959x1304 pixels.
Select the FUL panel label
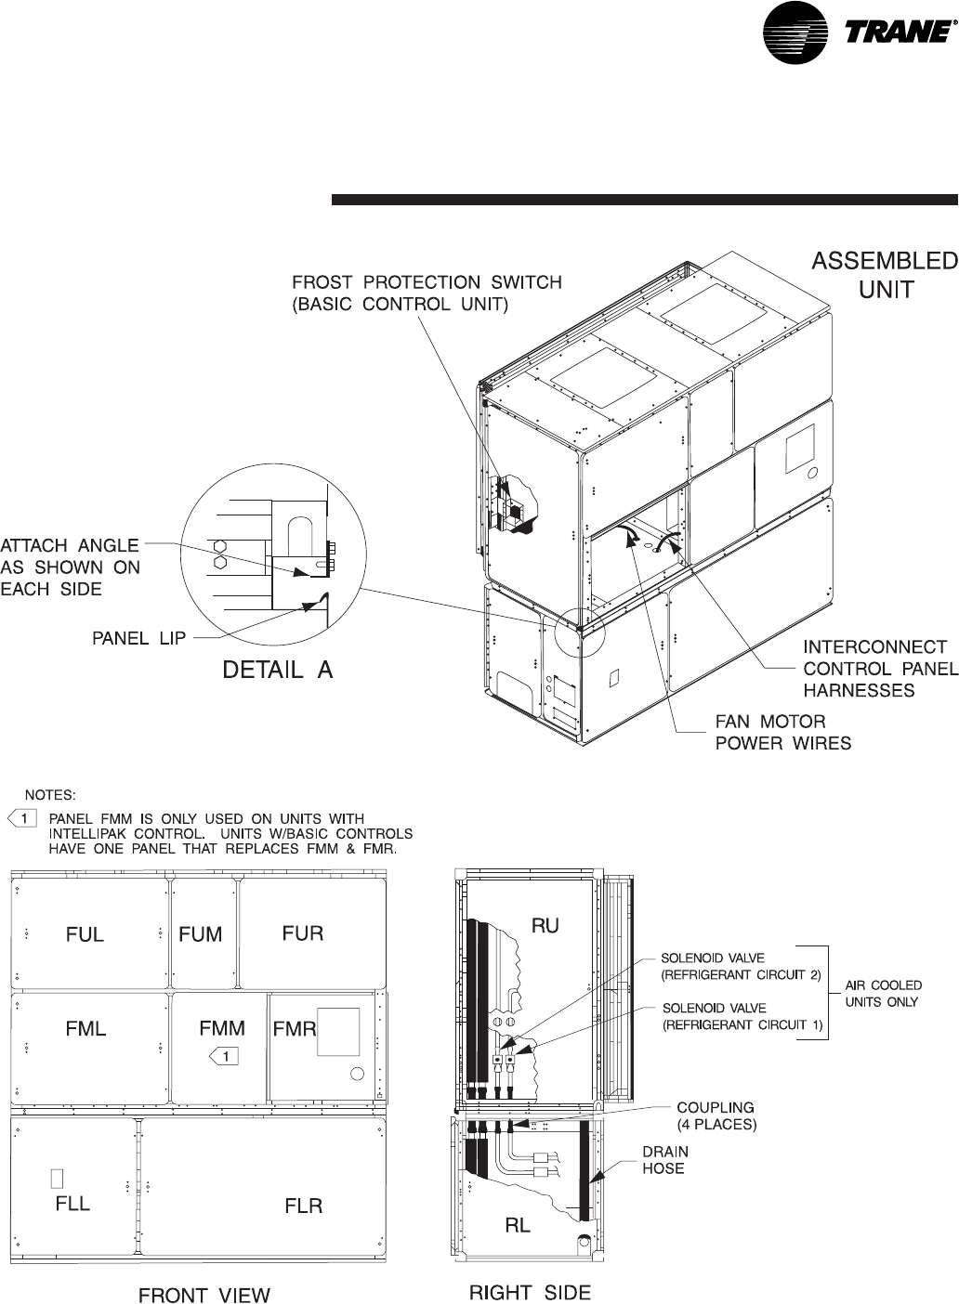coord(85,935)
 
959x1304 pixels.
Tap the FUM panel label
coord(201,934)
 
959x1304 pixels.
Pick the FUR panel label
coord(303,932)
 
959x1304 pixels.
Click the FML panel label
coord(85,1029)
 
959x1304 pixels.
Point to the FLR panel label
coord(303,1206)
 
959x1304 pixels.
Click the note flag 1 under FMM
coord(224,1055)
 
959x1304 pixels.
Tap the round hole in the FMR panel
coord(357,1075)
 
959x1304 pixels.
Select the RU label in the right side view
coord(545,926)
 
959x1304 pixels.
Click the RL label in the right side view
coord(518,1225)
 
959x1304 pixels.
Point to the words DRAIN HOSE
coord(666,1159)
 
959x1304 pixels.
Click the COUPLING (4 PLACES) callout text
coord(716,1115)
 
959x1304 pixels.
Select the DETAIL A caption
coord(277,669)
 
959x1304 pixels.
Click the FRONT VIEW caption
coord(204,1294)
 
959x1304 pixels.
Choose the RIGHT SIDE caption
coord(530,1292)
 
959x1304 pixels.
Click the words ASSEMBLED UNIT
coord(885,274)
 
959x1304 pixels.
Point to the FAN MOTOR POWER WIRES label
coord(782,732)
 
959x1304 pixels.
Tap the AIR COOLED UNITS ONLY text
coord(882,994)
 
